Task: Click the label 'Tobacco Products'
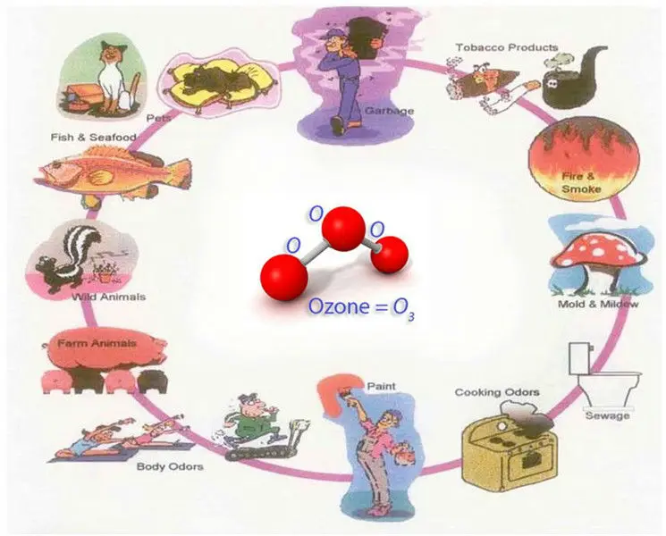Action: pyautogui.click(x=506, y=47)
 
